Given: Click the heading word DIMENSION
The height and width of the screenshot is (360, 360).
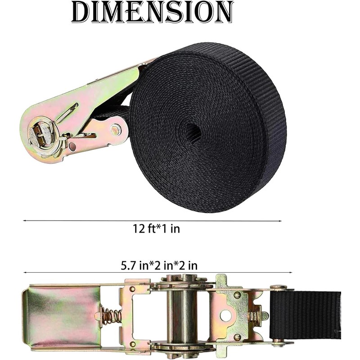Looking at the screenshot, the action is [153, 12].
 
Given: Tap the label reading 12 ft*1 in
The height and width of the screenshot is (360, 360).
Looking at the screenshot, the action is [156, 229].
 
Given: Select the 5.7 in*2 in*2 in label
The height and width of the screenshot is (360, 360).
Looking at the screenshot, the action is [159, 265].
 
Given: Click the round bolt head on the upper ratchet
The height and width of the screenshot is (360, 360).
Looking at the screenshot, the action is [116, 130].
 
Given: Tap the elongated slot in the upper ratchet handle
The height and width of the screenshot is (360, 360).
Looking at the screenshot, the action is [67, 112].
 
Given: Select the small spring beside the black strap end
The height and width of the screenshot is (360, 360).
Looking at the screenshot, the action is [255, 316].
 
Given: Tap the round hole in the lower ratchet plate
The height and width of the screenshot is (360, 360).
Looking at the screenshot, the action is [226, 315].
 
